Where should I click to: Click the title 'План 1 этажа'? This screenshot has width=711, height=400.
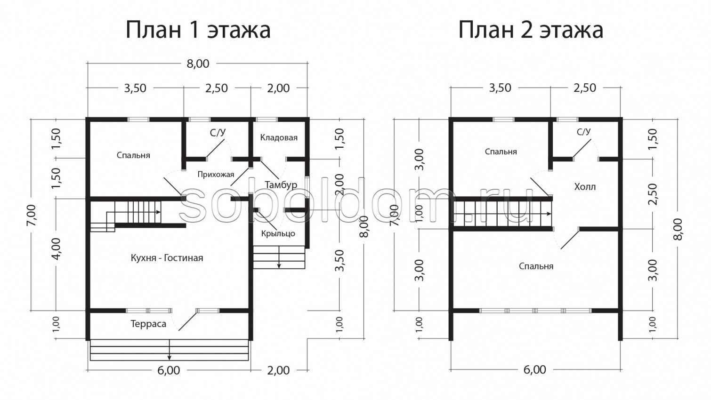point(198,30)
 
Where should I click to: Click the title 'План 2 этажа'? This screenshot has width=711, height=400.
point(531,30)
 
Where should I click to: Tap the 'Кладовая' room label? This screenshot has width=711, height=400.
point(279,137)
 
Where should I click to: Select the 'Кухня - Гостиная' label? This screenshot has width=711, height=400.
point(167,258)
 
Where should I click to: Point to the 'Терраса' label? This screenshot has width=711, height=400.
point(148,324)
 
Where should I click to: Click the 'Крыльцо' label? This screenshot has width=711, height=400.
point(278,233)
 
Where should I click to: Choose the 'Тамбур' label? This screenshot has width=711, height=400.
point(281,184)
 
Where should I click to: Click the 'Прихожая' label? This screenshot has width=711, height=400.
point(216,175)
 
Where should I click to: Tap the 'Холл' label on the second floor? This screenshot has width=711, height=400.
point(585,187)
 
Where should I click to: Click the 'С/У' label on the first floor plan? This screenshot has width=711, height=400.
point(218,133)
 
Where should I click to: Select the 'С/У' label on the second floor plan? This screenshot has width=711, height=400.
point(583,132)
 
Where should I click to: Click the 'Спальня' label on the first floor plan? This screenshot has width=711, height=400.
point(133,155)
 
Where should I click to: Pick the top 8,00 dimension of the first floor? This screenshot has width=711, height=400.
point(198,64)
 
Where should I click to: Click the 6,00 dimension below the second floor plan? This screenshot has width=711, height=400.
point(534,370)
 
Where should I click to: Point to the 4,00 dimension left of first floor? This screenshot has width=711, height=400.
point(57,249)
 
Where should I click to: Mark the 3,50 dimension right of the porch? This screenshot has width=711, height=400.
point(340,260)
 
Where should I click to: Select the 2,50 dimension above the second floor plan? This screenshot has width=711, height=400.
point(585,88)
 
